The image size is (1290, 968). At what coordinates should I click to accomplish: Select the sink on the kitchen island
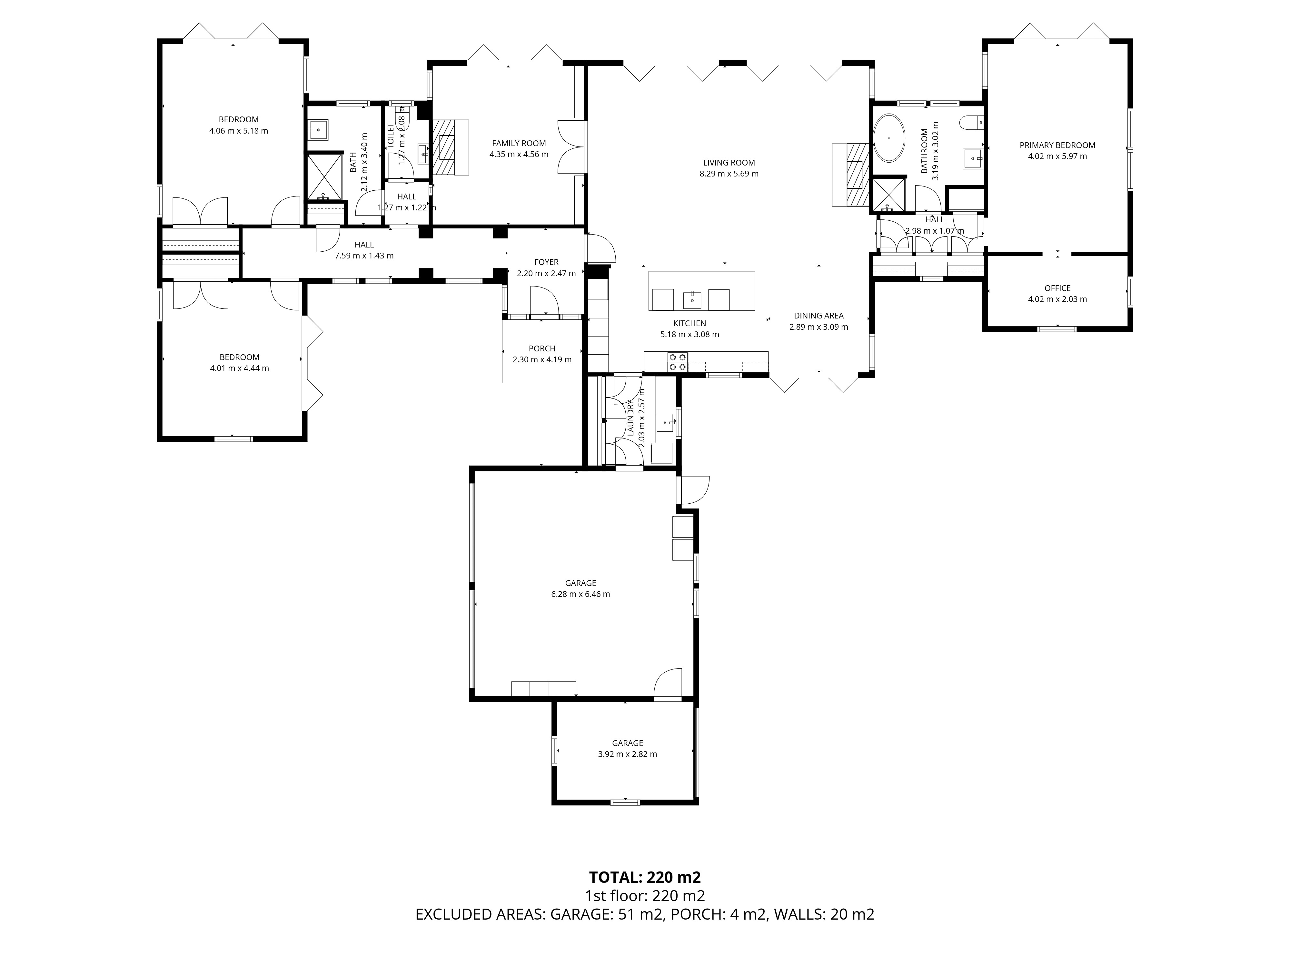point(692,299)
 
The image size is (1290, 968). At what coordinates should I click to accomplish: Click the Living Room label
point(729,163)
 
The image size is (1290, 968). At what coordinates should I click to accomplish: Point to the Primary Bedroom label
point(1057,145)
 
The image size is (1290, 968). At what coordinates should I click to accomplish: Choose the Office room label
point(1057,288)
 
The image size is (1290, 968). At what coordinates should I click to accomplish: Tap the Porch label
point(542,348)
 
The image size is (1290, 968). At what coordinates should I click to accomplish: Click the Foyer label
point(546,262)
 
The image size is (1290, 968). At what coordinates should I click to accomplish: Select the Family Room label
point(519,143)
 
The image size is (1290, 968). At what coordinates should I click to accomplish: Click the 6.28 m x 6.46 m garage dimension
point(581,594)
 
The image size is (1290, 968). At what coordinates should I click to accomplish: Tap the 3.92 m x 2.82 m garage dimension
point(628,754)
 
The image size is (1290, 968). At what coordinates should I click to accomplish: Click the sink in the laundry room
point(665,421)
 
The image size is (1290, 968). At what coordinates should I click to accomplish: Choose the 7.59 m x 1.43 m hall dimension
point(364,256)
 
